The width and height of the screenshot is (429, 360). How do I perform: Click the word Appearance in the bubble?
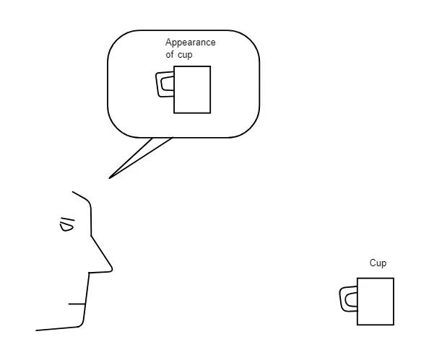(x=190, y=43)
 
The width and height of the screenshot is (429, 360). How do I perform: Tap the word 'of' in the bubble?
(x=169, y=54)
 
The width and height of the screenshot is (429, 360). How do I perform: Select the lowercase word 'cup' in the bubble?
(x=185, y=55)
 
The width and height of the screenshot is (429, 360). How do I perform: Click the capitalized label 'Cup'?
(x=378, y=263)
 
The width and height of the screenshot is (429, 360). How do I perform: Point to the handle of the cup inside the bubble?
(x=157, y=84)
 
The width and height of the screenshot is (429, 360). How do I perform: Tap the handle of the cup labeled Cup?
(x=342, y=299)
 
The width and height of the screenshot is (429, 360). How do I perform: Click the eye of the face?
(x=66, y=227)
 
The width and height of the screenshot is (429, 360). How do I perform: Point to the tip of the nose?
(x=112, y=269)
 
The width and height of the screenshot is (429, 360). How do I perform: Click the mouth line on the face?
(x=77, y=304)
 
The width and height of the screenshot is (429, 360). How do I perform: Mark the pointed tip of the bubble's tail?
(x=110, y=178)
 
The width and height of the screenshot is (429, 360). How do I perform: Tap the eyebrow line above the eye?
(x=68, y=219)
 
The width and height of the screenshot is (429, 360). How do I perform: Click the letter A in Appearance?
(x=168, y=42)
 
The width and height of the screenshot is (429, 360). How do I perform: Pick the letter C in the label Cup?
(x=373, y=263)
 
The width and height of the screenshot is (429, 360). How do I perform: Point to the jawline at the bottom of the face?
(x=58, y=328)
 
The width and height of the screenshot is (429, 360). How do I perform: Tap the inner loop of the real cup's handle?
(x=347, y=300)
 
